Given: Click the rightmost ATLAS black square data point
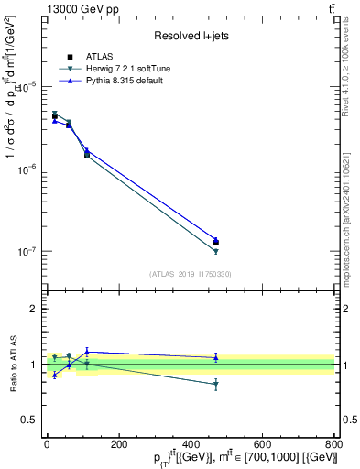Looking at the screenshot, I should click(x=216, y=243).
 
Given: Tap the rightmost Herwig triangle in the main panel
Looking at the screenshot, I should click(x=216, y=251).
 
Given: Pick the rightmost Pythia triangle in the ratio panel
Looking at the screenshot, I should click(x=216, y=357).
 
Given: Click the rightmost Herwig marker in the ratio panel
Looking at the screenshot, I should click(x=216, y=385).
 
